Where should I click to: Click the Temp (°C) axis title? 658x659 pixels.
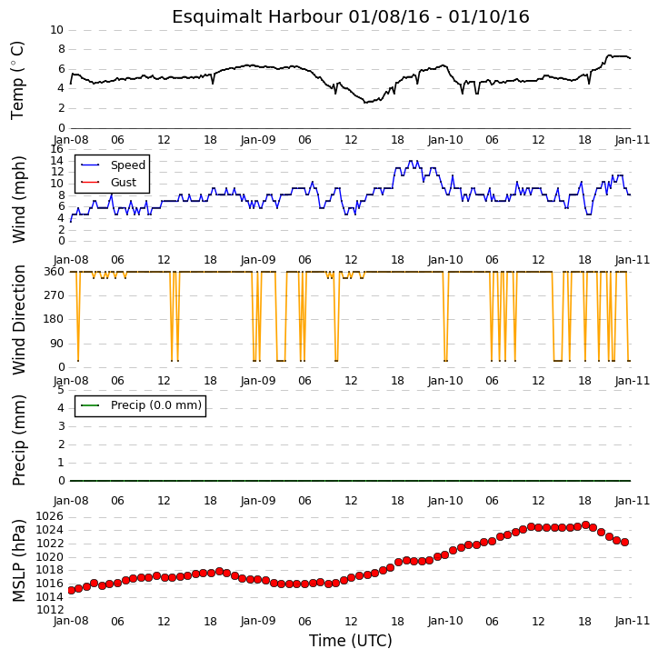point(17,80)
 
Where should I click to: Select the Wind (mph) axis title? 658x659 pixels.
point(18,199)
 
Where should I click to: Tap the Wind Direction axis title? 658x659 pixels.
point(18,320)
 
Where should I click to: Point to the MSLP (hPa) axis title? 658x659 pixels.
point(18,561)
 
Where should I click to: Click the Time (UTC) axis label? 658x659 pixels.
point(351,641)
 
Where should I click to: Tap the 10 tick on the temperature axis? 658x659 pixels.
point(56,30)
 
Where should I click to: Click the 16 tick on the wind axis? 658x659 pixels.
point(56,149)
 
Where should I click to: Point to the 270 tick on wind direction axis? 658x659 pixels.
point(55,295)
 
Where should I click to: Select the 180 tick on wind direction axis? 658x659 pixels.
point(55,319)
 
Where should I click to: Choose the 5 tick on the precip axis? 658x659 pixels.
point(61,390)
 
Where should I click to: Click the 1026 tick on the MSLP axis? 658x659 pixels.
point(50,516)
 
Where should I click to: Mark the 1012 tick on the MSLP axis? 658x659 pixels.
point(50,609)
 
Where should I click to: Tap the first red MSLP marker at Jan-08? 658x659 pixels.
point(71,590)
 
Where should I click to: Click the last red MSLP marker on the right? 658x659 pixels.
point(624,542)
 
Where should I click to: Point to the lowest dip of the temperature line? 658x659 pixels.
point(365,102)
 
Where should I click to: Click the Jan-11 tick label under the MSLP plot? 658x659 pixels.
point(633,621)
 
